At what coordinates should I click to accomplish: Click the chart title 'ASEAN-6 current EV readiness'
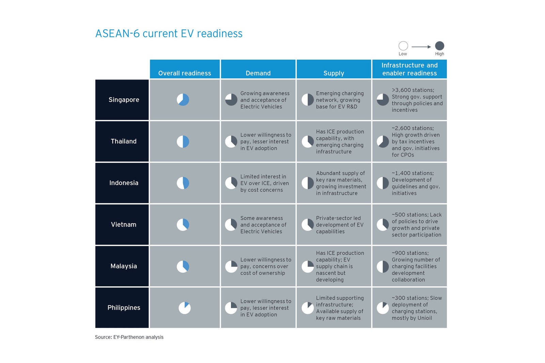pos(169,33)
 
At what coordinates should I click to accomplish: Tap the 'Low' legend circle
pos(403,46)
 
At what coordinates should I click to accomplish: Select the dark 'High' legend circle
pos(439,46)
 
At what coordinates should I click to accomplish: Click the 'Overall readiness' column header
pos(185,73)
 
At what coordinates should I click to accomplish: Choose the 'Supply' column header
pos(333,73)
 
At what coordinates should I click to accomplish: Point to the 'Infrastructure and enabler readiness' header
pos(409,69)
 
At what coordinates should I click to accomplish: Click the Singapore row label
pos(124,100)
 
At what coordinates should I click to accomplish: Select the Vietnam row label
pos(124,224)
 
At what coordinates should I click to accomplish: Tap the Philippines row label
pos(124,307)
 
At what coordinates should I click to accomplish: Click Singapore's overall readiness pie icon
pos(183,100)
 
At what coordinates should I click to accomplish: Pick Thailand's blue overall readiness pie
pos(183,141)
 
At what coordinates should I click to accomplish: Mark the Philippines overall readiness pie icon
pos(185,308)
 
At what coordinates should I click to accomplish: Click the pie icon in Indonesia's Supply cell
pos(308,183)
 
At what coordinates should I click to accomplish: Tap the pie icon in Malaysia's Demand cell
pos(231,266)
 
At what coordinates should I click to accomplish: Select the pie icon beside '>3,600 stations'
pos(383,100)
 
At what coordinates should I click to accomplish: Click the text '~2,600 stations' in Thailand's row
pos(413,128)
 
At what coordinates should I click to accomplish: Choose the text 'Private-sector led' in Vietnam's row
pos(338,218)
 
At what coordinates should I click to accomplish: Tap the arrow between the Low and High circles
pos(421,47)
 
